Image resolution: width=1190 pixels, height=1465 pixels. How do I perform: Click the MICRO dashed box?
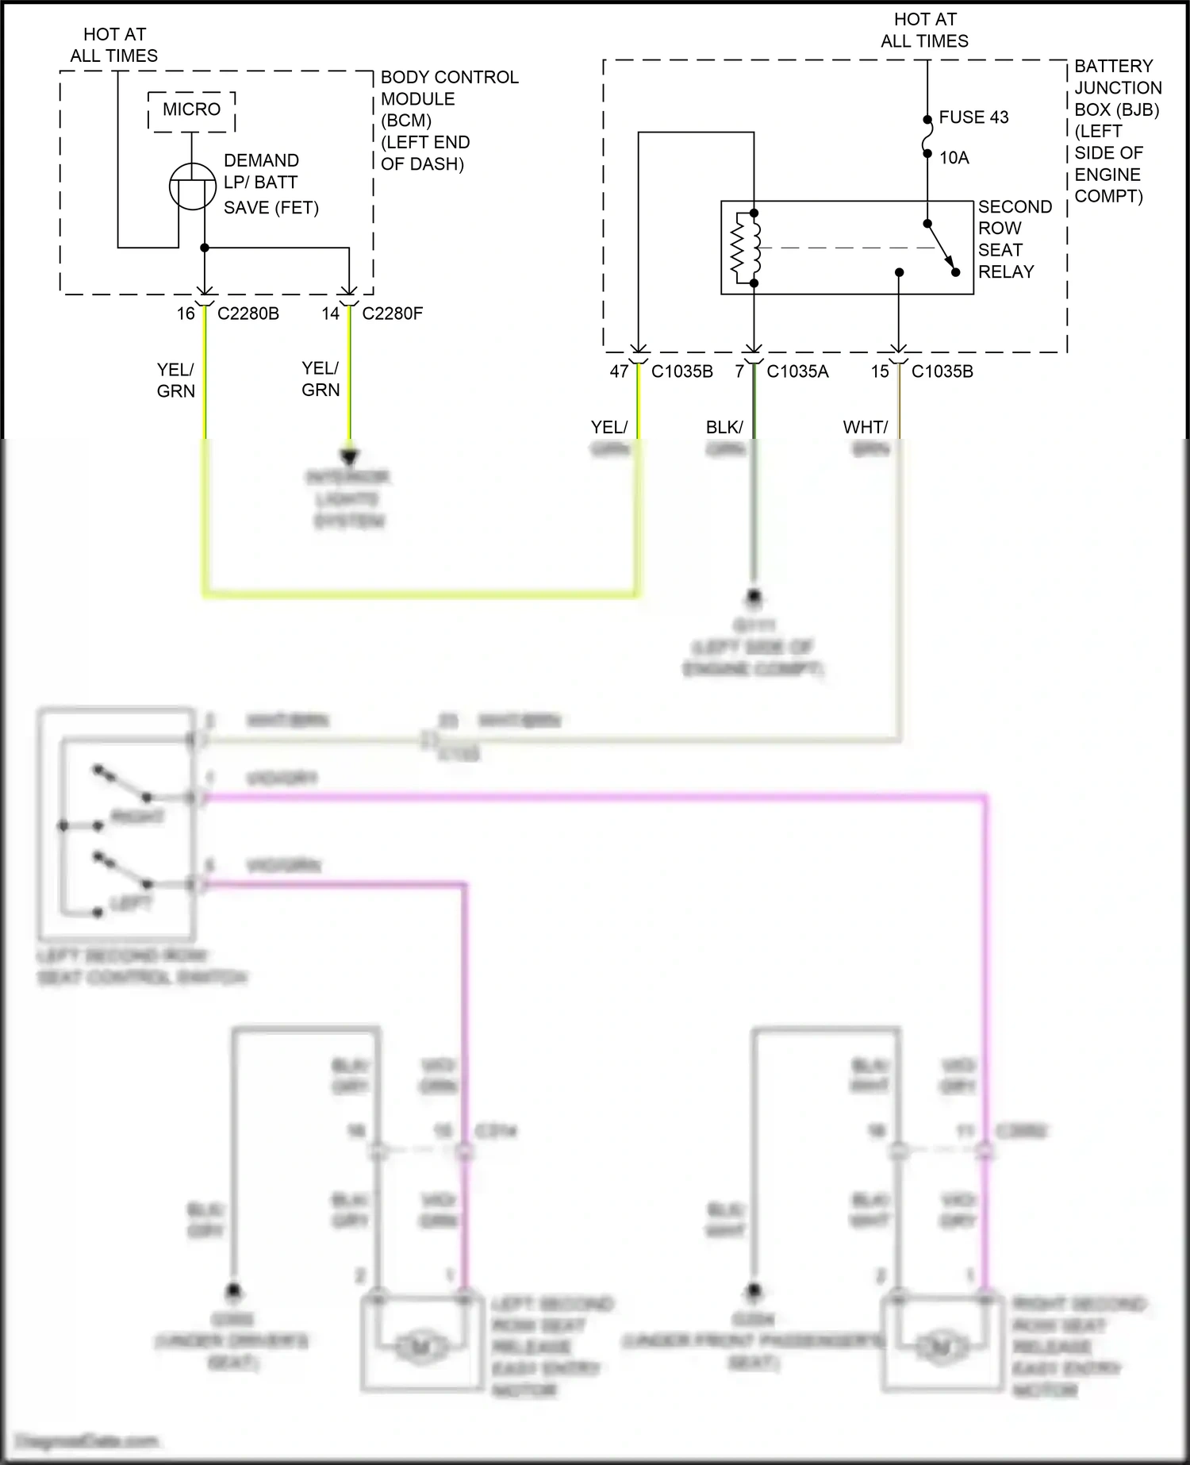[191, 110]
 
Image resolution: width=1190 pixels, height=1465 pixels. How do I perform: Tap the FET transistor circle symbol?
[193, 186]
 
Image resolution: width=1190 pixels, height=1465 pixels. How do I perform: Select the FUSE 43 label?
[973, 117]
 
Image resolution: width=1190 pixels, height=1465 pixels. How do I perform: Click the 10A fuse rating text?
[954, 158]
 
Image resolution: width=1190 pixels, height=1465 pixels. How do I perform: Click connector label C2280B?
[248, 313]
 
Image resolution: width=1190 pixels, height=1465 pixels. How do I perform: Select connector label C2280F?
[392, 313]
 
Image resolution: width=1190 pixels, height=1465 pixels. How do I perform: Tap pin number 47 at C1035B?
[619, 371]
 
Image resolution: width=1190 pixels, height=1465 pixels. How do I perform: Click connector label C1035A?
[797, 371]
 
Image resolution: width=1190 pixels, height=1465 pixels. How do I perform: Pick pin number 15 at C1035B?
[880, 371]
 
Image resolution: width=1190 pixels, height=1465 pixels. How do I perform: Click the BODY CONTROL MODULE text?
[449, 88]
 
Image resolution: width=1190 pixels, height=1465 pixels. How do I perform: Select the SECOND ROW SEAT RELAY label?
[1014, 239]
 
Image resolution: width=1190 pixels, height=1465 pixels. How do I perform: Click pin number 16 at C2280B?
[186, 313]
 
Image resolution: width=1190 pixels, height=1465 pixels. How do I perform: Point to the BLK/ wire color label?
[724, 427]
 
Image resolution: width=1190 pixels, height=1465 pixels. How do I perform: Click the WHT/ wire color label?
[865, 427]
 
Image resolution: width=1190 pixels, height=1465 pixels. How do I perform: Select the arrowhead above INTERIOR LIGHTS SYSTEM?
[350, 457]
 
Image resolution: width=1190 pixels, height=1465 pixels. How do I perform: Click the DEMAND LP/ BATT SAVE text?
[270, 183]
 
